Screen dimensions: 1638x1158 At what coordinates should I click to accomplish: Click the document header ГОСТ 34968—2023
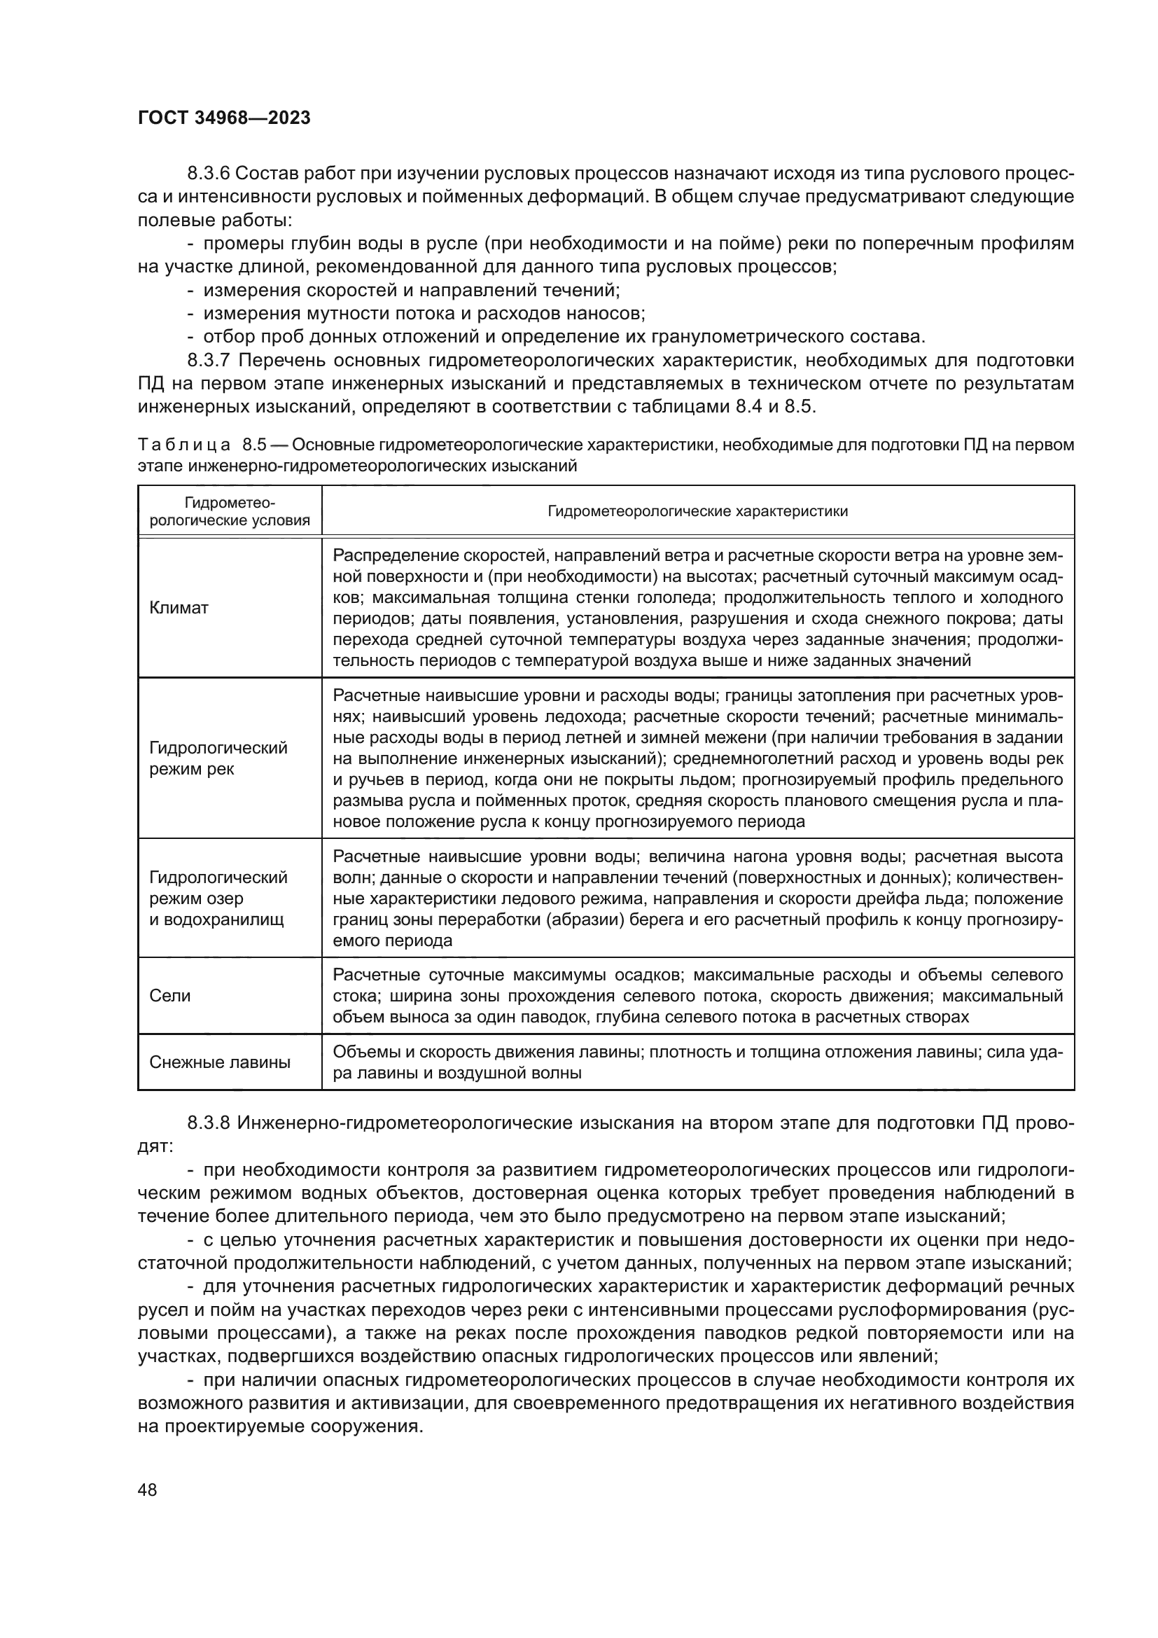coord(224,118)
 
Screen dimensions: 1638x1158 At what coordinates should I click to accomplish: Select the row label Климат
coord(179,608)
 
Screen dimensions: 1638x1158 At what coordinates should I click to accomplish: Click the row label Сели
coord(169,996)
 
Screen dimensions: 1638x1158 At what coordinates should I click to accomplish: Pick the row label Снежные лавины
coord(220,1062)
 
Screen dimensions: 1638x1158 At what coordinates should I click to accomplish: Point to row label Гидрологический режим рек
coord(218,758)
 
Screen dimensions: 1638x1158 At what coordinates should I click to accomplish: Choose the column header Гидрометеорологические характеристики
coord(697,511)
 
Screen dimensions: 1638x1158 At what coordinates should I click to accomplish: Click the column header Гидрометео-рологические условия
coord(230,511)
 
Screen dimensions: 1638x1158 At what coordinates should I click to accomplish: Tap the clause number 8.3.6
coord(208,174)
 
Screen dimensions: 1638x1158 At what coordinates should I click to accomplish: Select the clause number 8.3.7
coord(208,360)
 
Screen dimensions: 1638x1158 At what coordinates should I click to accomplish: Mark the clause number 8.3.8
coord(208,1123)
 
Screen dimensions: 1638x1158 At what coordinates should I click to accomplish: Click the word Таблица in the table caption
coord(184,445)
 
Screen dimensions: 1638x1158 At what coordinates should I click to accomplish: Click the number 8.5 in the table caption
coord(254,445)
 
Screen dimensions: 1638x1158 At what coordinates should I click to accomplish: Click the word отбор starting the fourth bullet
coord(226,337)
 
